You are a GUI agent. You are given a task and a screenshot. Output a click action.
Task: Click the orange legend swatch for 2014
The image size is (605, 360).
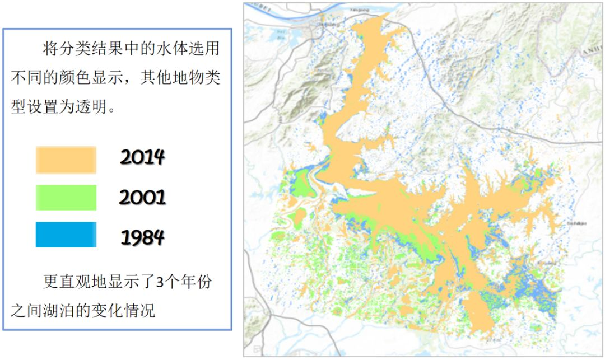(66, 160)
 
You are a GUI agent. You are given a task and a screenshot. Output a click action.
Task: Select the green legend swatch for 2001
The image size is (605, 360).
(66, 197)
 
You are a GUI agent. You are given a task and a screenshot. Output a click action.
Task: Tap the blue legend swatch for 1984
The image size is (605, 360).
(66, 235)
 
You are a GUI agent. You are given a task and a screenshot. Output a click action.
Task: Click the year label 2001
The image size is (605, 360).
(142, 197)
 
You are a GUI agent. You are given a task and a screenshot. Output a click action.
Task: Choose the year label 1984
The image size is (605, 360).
(142, 237)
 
